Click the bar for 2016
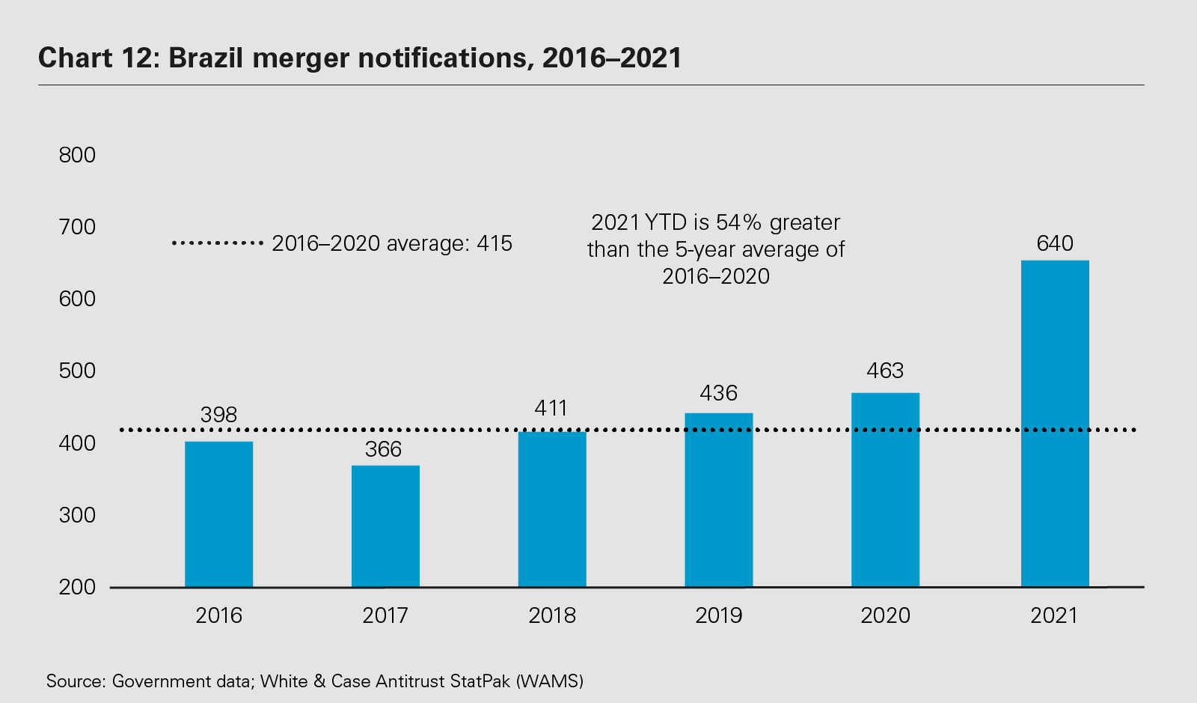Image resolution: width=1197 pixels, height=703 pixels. click(x=218, y=514)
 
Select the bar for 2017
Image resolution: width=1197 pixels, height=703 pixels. click(x=385, y=526)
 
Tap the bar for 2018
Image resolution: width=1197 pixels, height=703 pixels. click(x=552, y=509)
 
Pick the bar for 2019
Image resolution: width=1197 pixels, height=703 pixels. click(x=719, y=500)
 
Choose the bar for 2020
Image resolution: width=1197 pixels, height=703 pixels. click(x=885, y=490)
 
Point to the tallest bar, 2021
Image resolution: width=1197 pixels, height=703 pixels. click(x=1055, y=424)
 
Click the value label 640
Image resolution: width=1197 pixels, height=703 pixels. click(x=1055, y=243)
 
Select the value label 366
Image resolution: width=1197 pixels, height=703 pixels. click(x=384, y=449)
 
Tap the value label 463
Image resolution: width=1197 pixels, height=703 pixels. click(x=885, y=371)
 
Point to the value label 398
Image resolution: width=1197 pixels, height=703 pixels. click(x=218, y=415)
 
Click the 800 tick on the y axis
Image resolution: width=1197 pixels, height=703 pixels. click(x=77, y=155)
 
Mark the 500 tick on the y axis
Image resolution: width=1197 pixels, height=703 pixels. click(x=77, y=371)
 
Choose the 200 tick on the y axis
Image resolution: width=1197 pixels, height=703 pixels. click(x=77, y=587)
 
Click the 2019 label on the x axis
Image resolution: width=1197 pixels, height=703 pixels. click(x=719, y=615)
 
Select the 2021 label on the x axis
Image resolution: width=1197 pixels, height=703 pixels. click(x=1054, y=615)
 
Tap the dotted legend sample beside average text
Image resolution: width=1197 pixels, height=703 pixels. click(x=217, y=243)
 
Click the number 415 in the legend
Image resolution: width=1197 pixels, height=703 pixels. click(x=494, y=243)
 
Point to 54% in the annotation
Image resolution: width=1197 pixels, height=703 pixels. click(x=739, y=222)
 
